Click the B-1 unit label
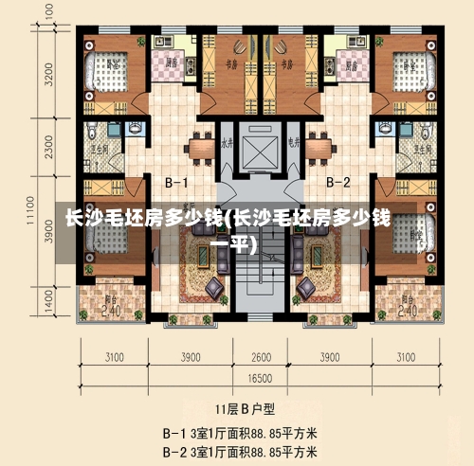[x=177, y=181]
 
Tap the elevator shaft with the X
[x=257, y=150]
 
